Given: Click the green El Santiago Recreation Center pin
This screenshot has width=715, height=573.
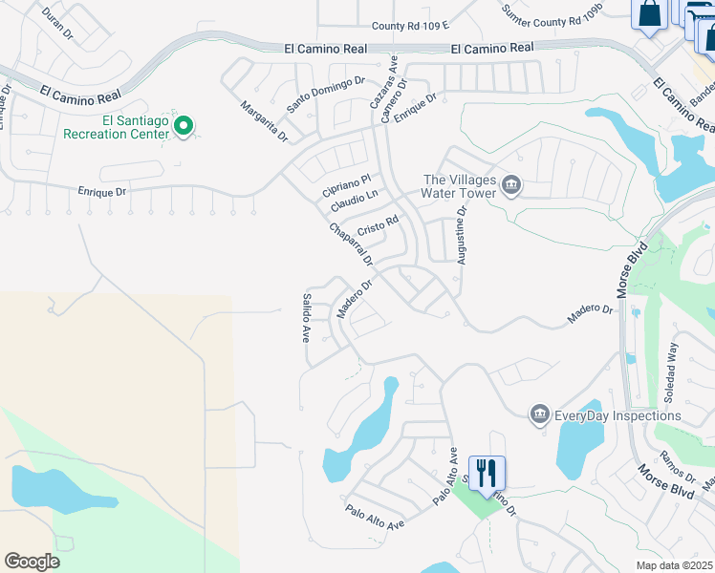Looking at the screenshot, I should tap(184, 125).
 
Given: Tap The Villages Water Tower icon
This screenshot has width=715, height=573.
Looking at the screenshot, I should tap(511, 183).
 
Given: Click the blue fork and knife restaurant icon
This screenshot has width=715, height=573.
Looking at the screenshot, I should tap(487, 473).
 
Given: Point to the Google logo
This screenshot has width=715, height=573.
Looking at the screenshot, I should tap(32, 561).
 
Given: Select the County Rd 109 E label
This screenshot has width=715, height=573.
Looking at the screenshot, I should tap(410, 26).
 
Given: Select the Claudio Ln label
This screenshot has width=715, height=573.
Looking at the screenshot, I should tap(355, 202).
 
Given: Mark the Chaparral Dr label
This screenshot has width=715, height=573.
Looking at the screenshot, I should tap(350, 244).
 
